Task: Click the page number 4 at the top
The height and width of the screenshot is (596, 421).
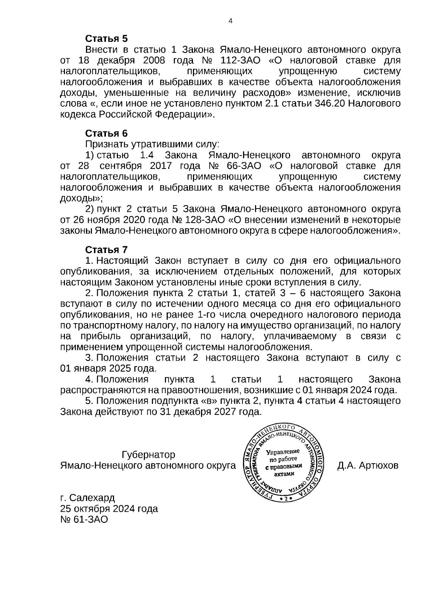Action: pyautogui.click(x=230, y=21)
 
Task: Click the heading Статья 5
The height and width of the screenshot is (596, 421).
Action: pyautogui.click(x=106, y=38)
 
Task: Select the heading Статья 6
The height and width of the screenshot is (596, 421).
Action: pyautogui.click(x=106, y=133)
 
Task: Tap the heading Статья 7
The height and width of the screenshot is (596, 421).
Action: pyautogui.click(x=106, y=250)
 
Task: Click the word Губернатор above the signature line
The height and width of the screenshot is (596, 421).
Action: pyautogui.click(x=148, y=455)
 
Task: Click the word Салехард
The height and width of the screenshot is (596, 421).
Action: pyautogui.click(x=92, y=498)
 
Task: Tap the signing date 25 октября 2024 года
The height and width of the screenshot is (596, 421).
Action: pyautogui.click(x=109, y=509)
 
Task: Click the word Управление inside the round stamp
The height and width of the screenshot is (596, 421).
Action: pyautogui.click(x=283, y=452)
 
